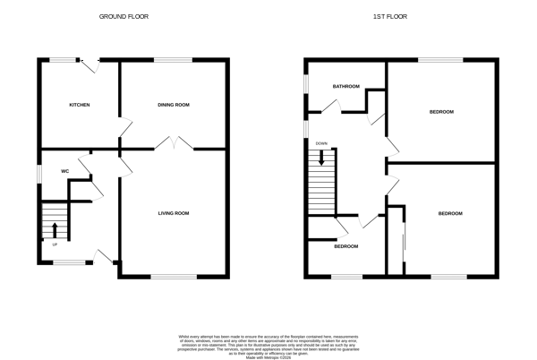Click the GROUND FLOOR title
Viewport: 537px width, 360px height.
(124, 17)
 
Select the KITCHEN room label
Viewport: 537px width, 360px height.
(80, 105)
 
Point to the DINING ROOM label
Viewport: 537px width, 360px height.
(174, 105)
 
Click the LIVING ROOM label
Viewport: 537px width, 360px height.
(174, 213)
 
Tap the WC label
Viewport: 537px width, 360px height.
(65, 171)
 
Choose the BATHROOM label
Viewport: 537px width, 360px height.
(346, 87)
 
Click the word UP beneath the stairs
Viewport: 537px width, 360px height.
(55, 244)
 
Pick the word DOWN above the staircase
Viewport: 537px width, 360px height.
(321, 143)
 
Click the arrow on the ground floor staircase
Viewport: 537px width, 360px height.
(55, 230)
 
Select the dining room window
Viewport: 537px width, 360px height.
(173, 60)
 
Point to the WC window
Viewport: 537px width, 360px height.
(38, 172)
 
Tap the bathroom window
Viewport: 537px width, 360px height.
(305, 81)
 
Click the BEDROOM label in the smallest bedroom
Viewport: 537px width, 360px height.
(346, 246)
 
